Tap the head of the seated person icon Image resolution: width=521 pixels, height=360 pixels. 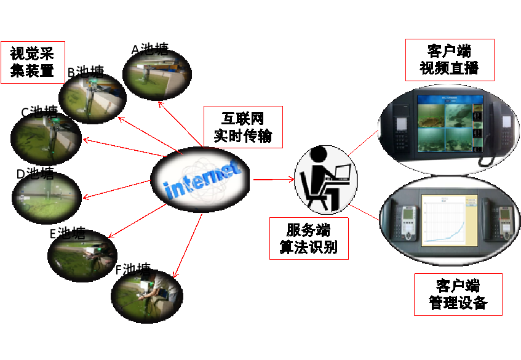[x=319, y=154]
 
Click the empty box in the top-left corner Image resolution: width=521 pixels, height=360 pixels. [x=33, y=62]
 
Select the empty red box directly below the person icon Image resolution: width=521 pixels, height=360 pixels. [x=309, y=238]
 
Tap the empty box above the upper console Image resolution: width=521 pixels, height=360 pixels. [x=450, y=60]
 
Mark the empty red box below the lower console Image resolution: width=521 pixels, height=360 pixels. [x=458, y=294]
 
